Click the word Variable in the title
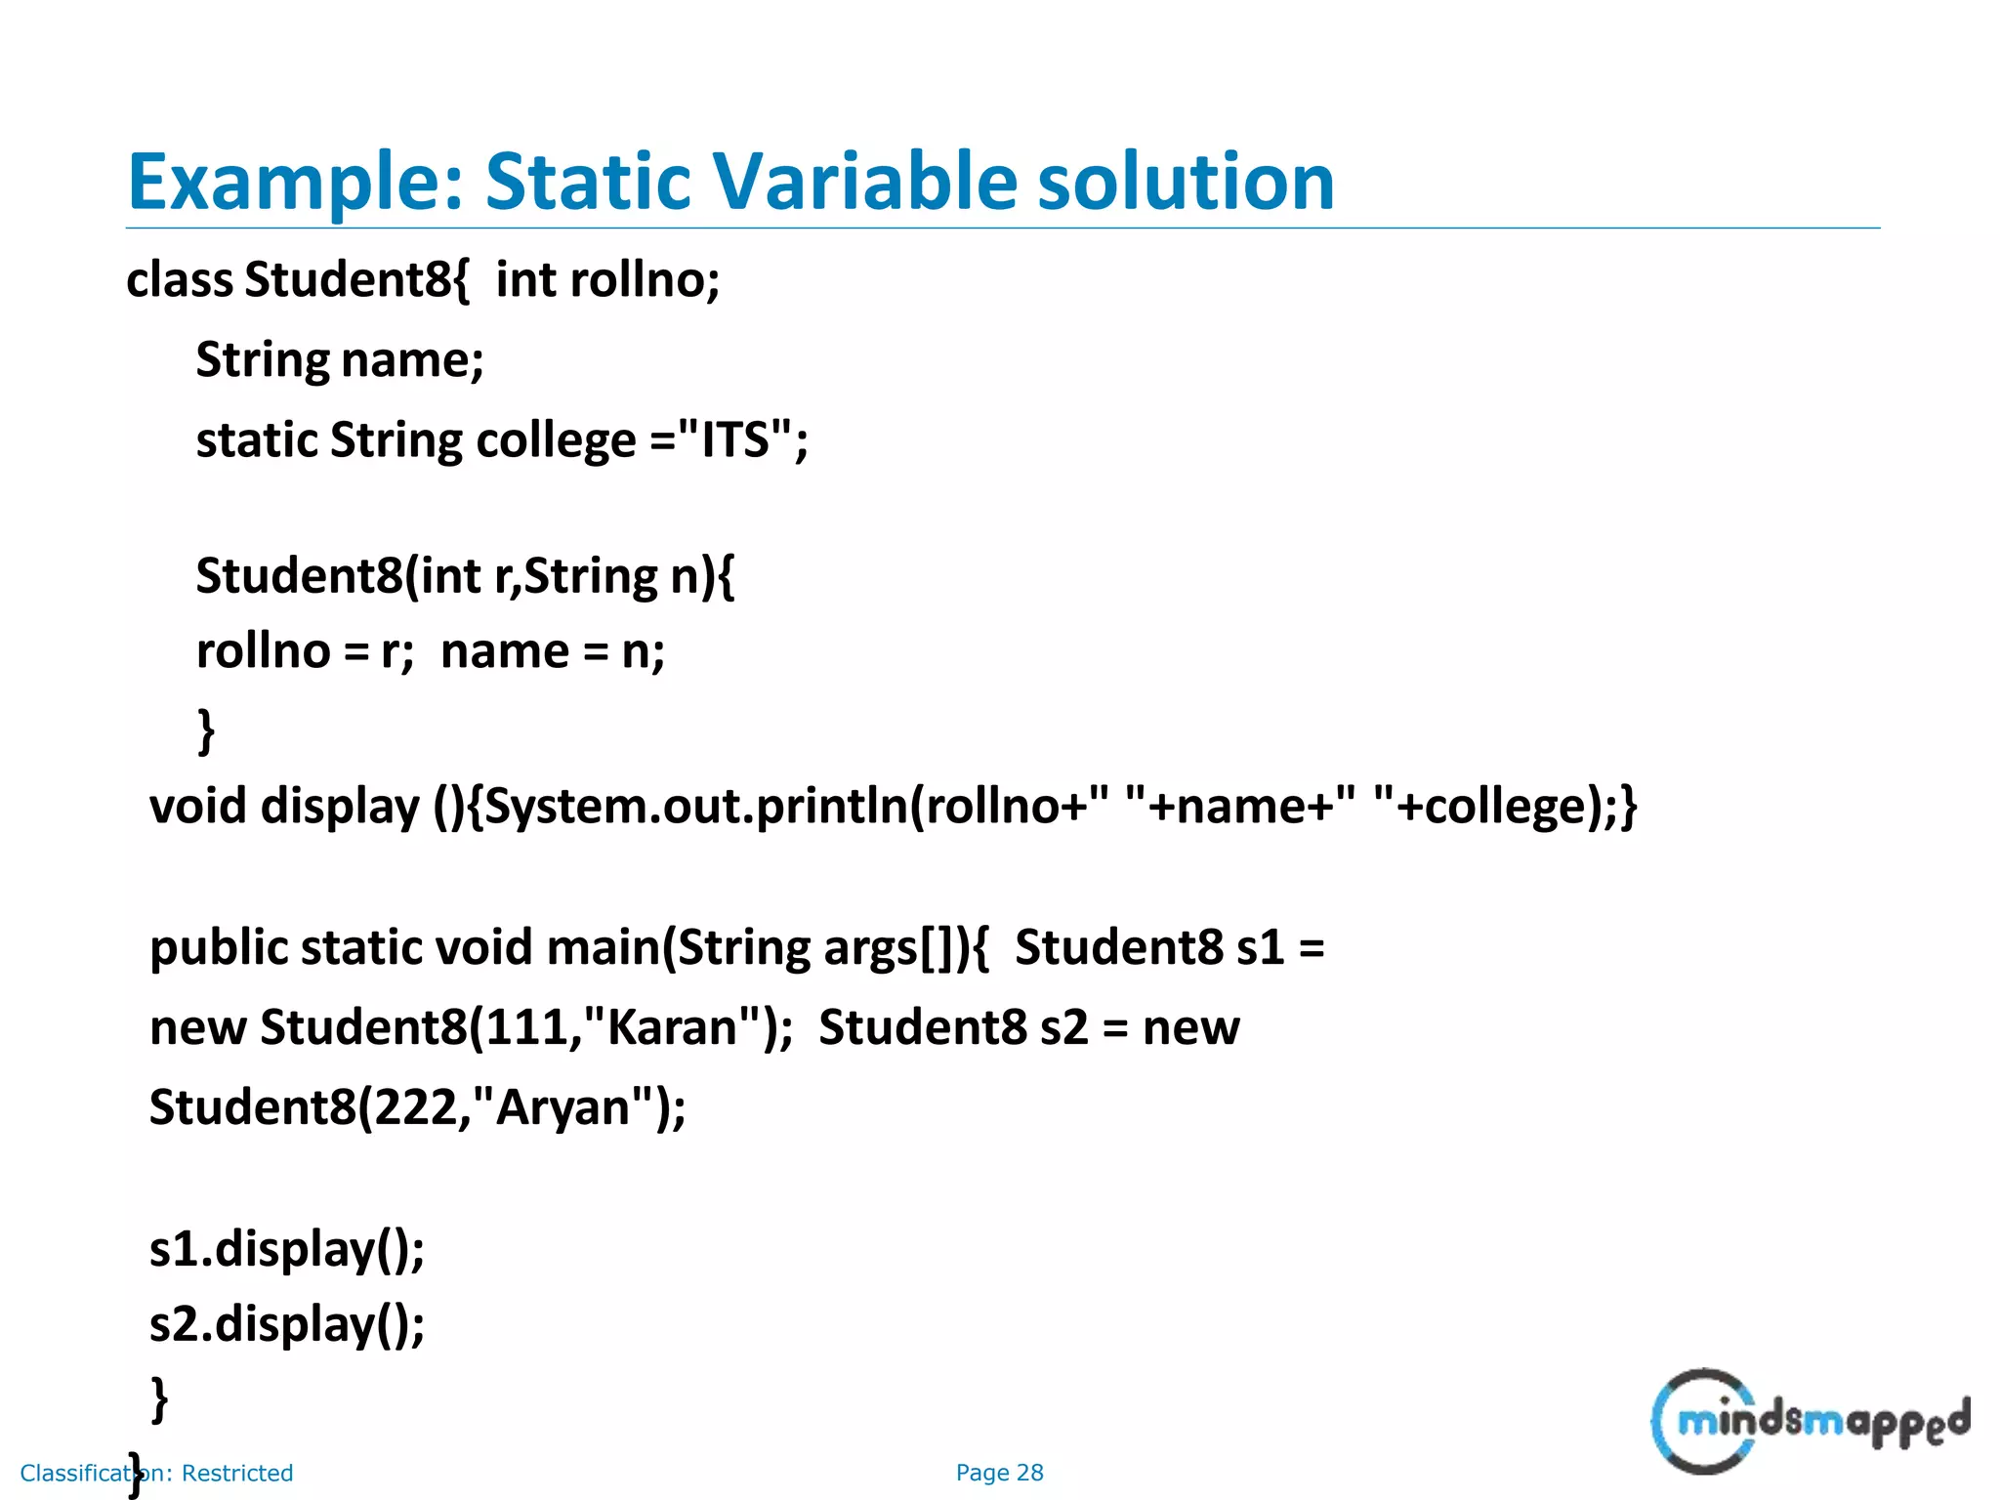pyautogui.click(x=864, y=182)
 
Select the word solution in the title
pyautogui.click(x=1186, y=182)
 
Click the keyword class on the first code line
pyautogui.click(x=180, y=279)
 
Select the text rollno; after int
pyautogui.click(x=645, y=279)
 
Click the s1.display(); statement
pyautogui.click(x=287, y=1249)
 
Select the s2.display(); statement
pyautogui.click(x=287, y=1325)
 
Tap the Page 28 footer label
pyautogui.click(x=999, y=1473)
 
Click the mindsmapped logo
pyautogui.click(x=1810, y=1421)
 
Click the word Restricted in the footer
pyautogui.click(x=237, y=1473)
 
